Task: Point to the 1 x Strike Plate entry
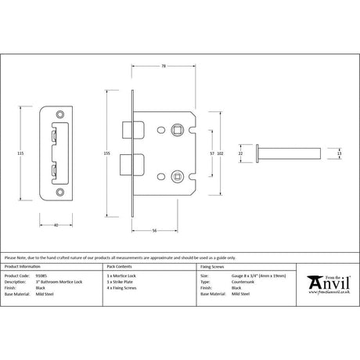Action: [x=120, y=282]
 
